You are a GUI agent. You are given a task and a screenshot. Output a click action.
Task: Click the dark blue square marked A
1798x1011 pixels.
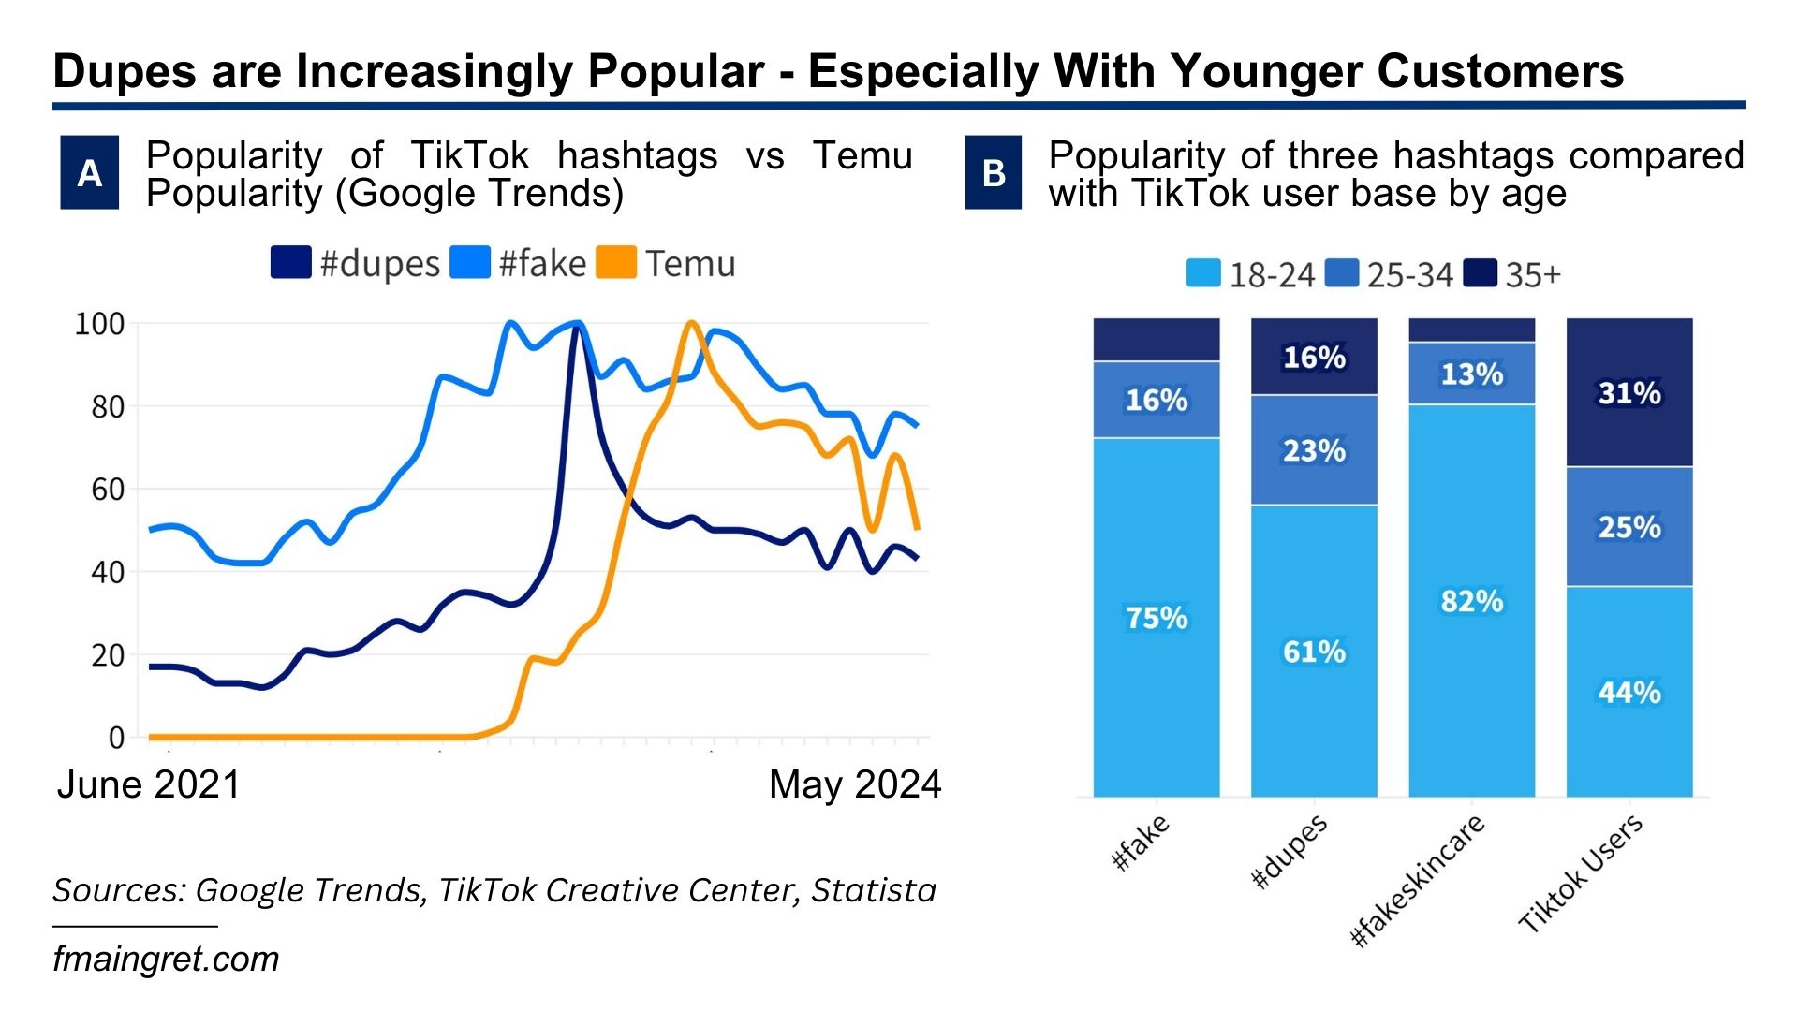click(89, 172)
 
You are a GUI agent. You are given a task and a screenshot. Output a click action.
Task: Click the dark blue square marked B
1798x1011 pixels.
click(994, 172)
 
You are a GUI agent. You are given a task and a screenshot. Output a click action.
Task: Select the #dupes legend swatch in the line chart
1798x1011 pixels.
click(290, 263)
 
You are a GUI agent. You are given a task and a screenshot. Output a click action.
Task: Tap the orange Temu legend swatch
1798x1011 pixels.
click(616, 263)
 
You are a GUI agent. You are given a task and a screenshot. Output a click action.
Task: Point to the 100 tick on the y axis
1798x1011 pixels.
click(99, 324)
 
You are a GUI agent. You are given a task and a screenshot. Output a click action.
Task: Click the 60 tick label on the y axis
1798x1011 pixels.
click(107, 490)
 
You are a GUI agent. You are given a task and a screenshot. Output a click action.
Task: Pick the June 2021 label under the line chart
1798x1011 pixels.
click(149, 784)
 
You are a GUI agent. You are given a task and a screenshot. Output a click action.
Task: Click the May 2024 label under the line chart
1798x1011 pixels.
click(854, 784)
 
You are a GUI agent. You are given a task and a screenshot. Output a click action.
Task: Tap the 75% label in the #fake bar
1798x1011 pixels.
click(1157, 618)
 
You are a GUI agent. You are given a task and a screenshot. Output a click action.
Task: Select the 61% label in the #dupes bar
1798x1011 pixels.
click(1314, 652)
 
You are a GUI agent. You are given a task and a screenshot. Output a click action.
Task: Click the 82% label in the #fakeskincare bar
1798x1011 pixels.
click(1472, 601)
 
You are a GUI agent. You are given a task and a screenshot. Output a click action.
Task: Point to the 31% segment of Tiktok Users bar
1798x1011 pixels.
click(1629, 393)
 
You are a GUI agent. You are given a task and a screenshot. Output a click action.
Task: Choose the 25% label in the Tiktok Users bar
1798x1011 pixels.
click(1629, 527)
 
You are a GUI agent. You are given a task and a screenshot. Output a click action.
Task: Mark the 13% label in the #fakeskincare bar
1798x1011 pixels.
click(1472, 374)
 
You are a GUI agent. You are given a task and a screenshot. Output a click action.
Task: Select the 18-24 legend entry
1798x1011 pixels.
click(1251, 274)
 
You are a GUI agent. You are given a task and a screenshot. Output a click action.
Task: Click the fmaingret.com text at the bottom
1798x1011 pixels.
click(166, 960)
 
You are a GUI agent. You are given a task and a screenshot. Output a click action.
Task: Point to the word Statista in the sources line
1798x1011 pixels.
click(873, 890)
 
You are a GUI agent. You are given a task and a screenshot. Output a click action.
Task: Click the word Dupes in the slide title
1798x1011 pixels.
click(125, 71)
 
